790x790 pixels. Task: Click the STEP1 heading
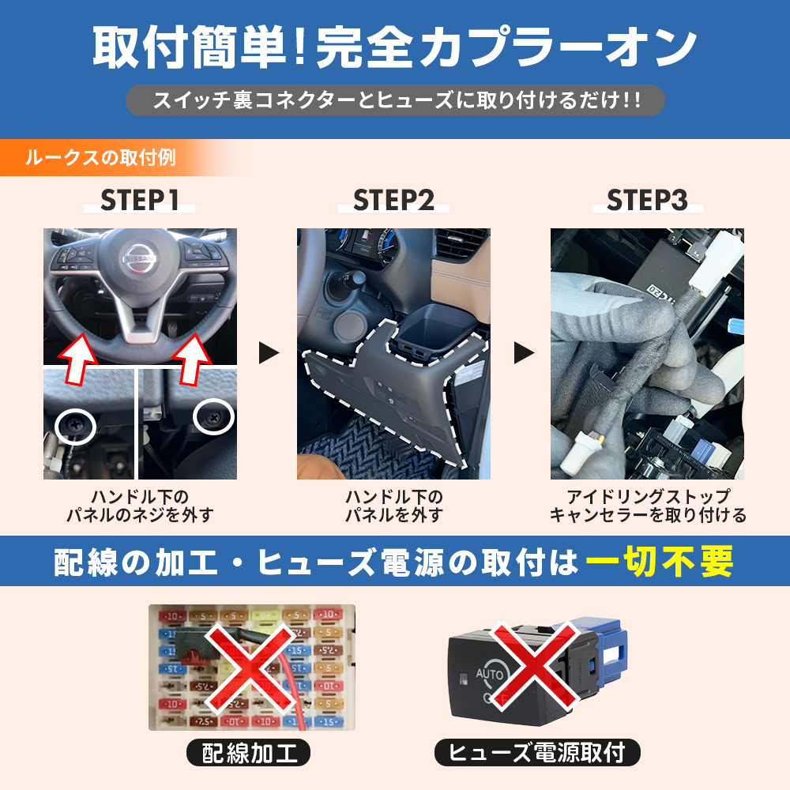[140, 200]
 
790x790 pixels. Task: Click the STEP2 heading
[393, 200]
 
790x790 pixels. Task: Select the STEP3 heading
[647, 200]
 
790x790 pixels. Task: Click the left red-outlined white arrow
[77, 359]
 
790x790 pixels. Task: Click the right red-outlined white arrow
[192, 359]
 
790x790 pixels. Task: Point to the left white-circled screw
[75, 426]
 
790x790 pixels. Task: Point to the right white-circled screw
[213, 416]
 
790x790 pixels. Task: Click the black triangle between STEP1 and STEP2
[268, 352]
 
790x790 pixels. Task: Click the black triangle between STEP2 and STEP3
[524, 352]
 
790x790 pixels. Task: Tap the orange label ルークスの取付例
[101, 158]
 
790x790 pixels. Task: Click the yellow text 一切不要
[659, 561]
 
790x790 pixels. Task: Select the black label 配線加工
[248, 753]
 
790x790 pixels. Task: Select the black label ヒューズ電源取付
[537, 753]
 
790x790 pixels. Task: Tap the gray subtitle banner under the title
[395, 100]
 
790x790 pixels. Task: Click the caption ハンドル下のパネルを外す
[393, 506]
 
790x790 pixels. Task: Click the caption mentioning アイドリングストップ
[648, 506]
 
